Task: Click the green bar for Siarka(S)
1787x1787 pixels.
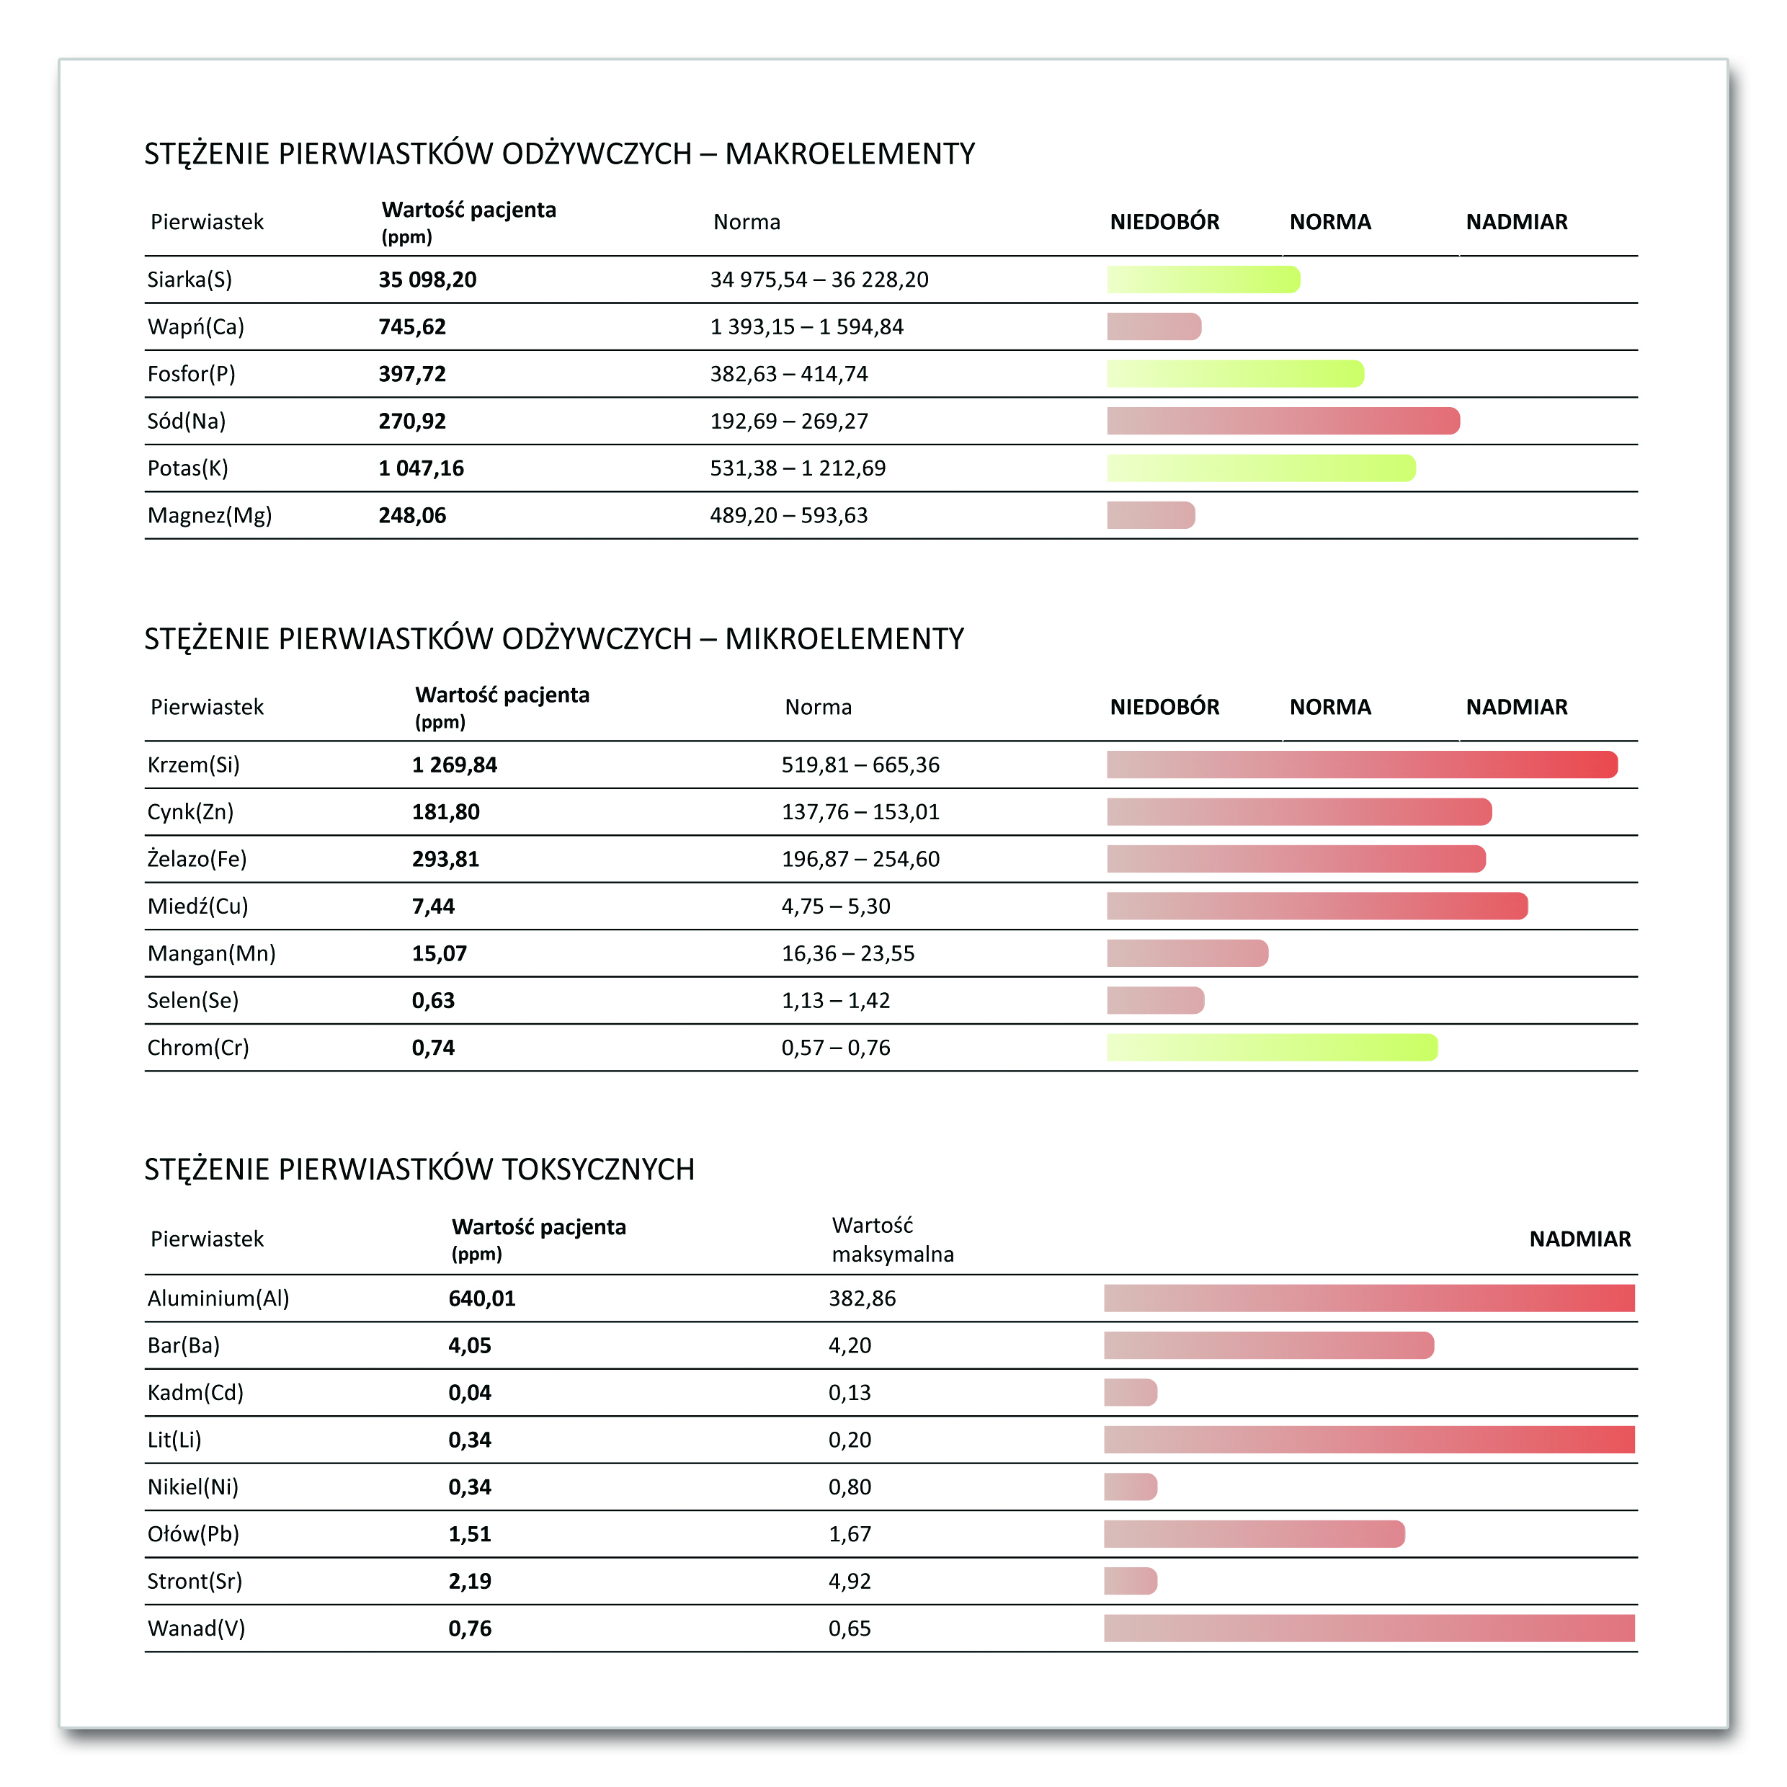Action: [x=1203, y=280]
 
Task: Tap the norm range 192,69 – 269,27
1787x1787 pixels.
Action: [x=788, y=421]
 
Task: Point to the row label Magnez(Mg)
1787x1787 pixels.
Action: [x=209, y=515]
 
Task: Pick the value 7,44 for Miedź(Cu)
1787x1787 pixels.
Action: [x=433, y=906]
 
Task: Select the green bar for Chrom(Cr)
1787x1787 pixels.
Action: [x=1272, y=1048]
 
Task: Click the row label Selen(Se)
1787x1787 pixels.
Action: [x=192, y=1001]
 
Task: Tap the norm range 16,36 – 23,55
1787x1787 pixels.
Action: [x=847, y=953]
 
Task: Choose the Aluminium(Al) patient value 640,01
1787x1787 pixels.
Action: [x=482, y=1298]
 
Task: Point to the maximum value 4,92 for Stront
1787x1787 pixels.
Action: [x=849, y=1582]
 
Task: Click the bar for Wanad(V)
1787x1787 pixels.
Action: [x=1369, y=1628]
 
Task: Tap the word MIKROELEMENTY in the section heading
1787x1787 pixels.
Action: [x=844, y=639]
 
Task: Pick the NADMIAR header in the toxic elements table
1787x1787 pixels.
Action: [x=1579, y=1239]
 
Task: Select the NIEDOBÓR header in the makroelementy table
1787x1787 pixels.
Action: [x=1164, y=222]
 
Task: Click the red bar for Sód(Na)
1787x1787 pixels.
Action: [x=1283, y=421]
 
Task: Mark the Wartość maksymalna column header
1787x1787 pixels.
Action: [x=891, y=1239]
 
